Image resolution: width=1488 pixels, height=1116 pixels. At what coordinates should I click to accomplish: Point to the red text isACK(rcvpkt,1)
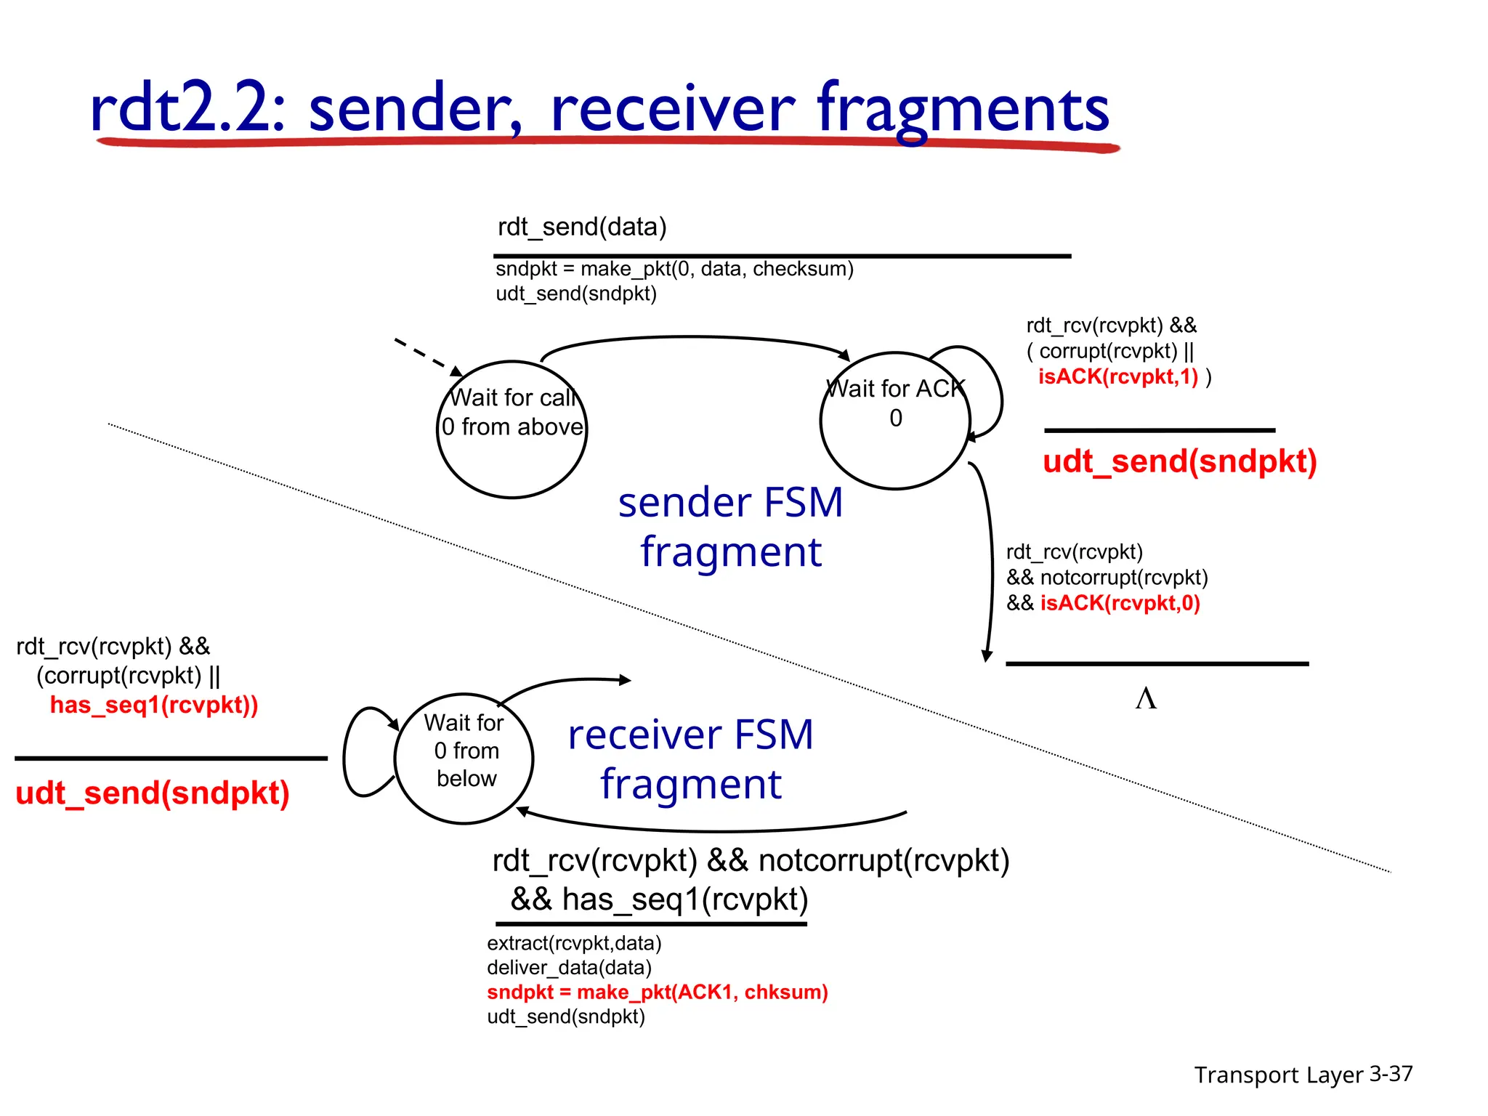1117,376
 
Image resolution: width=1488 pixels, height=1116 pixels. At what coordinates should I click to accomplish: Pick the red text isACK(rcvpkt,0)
1120,603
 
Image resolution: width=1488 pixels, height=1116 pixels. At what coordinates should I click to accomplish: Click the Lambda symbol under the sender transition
1146,698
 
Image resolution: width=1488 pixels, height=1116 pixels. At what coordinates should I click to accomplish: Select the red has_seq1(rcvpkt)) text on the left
153,705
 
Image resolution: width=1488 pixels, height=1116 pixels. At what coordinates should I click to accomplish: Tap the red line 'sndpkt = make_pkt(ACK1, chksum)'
657,992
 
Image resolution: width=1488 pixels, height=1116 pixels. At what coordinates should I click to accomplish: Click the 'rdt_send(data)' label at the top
581,227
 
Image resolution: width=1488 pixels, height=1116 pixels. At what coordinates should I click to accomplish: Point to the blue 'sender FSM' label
730,503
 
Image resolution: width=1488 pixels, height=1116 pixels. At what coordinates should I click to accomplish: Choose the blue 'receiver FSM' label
690,735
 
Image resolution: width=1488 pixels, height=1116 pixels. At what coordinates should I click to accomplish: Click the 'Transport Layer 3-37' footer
1303,1074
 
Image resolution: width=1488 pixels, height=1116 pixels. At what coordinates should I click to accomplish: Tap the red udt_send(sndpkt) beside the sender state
1179,461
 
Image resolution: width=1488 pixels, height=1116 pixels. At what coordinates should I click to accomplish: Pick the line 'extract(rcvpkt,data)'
574,943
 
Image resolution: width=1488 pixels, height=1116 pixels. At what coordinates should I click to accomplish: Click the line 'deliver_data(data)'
569,968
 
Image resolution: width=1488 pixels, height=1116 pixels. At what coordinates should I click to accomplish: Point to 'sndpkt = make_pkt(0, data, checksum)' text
674,269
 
